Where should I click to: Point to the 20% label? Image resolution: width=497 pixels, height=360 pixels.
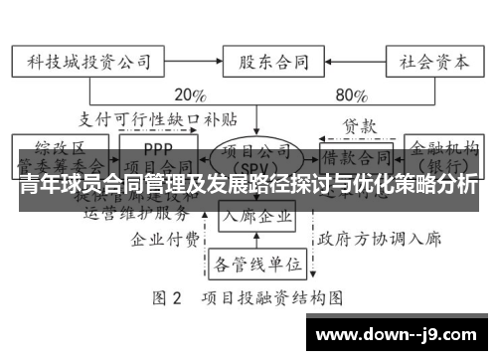[190, 96]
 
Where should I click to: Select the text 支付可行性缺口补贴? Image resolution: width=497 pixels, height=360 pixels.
[159, 119]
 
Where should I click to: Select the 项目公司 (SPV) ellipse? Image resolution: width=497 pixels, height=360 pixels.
[256, 157]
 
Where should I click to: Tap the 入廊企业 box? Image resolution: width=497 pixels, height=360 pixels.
[257, 216]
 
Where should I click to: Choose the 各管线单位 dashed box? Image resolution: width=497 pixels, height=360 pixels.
[256, 264]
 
